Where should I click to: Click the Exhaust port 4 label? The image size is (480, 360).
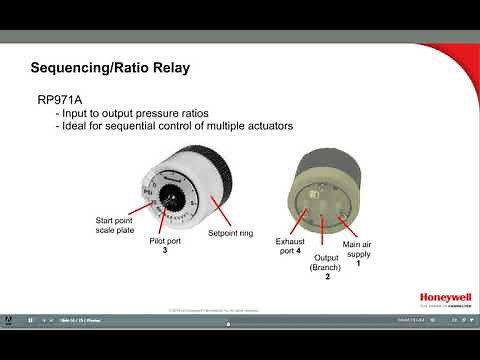(290, 246)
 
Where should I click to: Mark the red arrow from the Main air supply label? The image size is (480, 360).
(350, 228)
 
